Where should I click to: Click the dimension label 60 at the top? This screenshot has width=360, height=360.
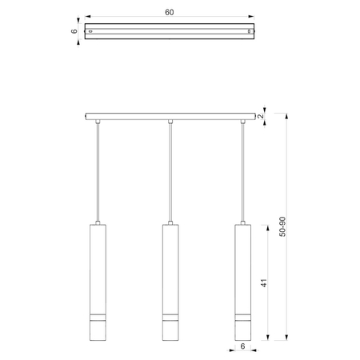point(170,12)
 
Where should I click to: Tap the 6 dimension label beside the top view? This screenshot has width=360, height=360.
point(74,31)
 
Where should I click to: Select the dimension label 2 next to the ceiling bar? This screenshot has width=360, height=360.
point(261,116)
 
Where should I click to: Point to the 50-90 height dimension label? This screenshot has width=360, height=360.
point(282,226)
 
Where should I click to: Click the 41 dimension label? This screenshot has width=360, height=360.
point(264,283)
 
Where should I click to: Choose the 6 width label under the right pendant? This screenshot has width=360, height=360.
point(242,346)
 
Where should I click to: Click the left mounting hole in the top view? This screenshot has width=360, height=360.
point(90,31)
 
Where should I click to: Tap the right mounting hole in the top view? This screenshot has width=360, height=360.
point(249,31)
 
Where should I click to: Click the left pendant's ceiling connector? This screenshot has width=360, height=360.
point(98,122)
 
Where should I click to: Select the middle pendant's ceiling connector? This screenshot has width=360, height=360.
point(170,122)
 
